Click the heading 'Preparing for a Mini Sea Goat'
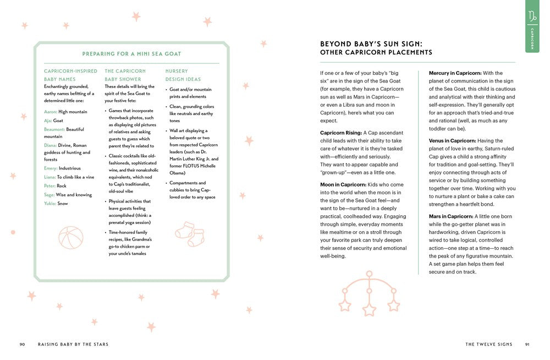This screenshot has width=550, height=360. [131, 54]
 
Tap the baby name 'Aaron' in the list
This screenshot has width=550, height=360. [50, 112]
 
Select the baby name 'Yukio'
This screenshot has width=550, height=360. [50, 203]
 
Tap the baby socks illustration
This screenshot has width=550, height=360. [190, 233]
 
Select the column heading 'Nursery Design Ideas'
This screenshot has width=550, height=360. [184, 75]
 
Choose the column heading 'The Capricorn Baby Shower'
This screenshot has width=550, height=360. [125, 75]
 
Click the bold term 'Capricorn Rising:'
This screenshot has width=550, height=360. [341, 133]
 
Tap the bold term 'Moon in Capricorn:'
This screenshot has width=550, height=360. [342, 184]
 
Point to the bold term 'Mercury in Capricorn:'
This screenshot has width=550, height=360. [455, 73]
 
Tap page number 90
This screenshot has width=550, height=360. [22, 345]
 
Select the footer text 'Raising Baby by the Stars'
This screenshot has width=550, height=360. [73, 345]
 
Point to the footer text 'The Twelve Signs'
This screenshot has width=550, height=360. [488, 345]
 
